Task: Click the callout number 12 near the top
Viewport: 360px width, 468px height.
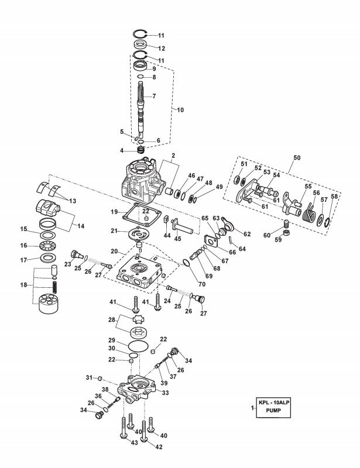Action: click(161, 47)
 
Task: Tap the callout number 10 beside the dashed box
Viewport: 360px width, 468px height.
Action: click(180, 109)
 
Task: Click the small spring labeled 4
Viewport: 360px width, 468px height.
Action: click(140, 150)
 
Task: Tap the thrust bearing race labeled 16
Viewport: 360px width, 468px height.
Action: click(44, 246)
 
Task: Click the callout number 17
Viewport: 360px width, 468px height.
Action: click(24, 260)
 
